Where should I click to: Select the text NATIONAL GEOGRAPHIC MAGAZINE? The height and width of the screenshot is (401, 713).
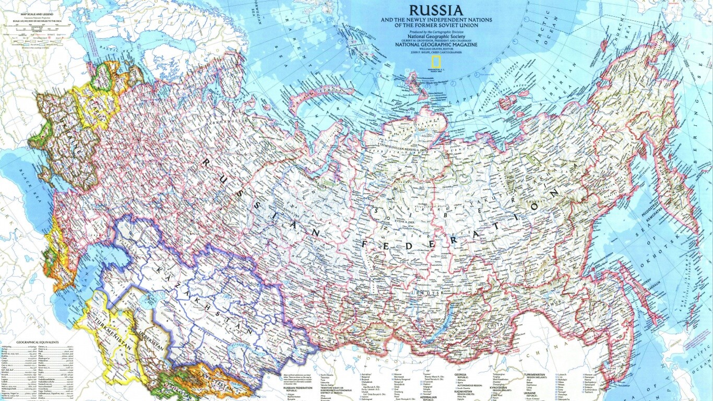coord(435,45)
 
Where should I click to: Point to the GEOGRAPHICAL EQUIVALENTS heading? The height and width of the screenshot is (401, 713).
coord(37,342)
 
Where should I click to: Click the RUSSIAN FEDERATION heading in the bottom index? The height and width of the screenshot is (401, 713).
coord(298,388)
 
